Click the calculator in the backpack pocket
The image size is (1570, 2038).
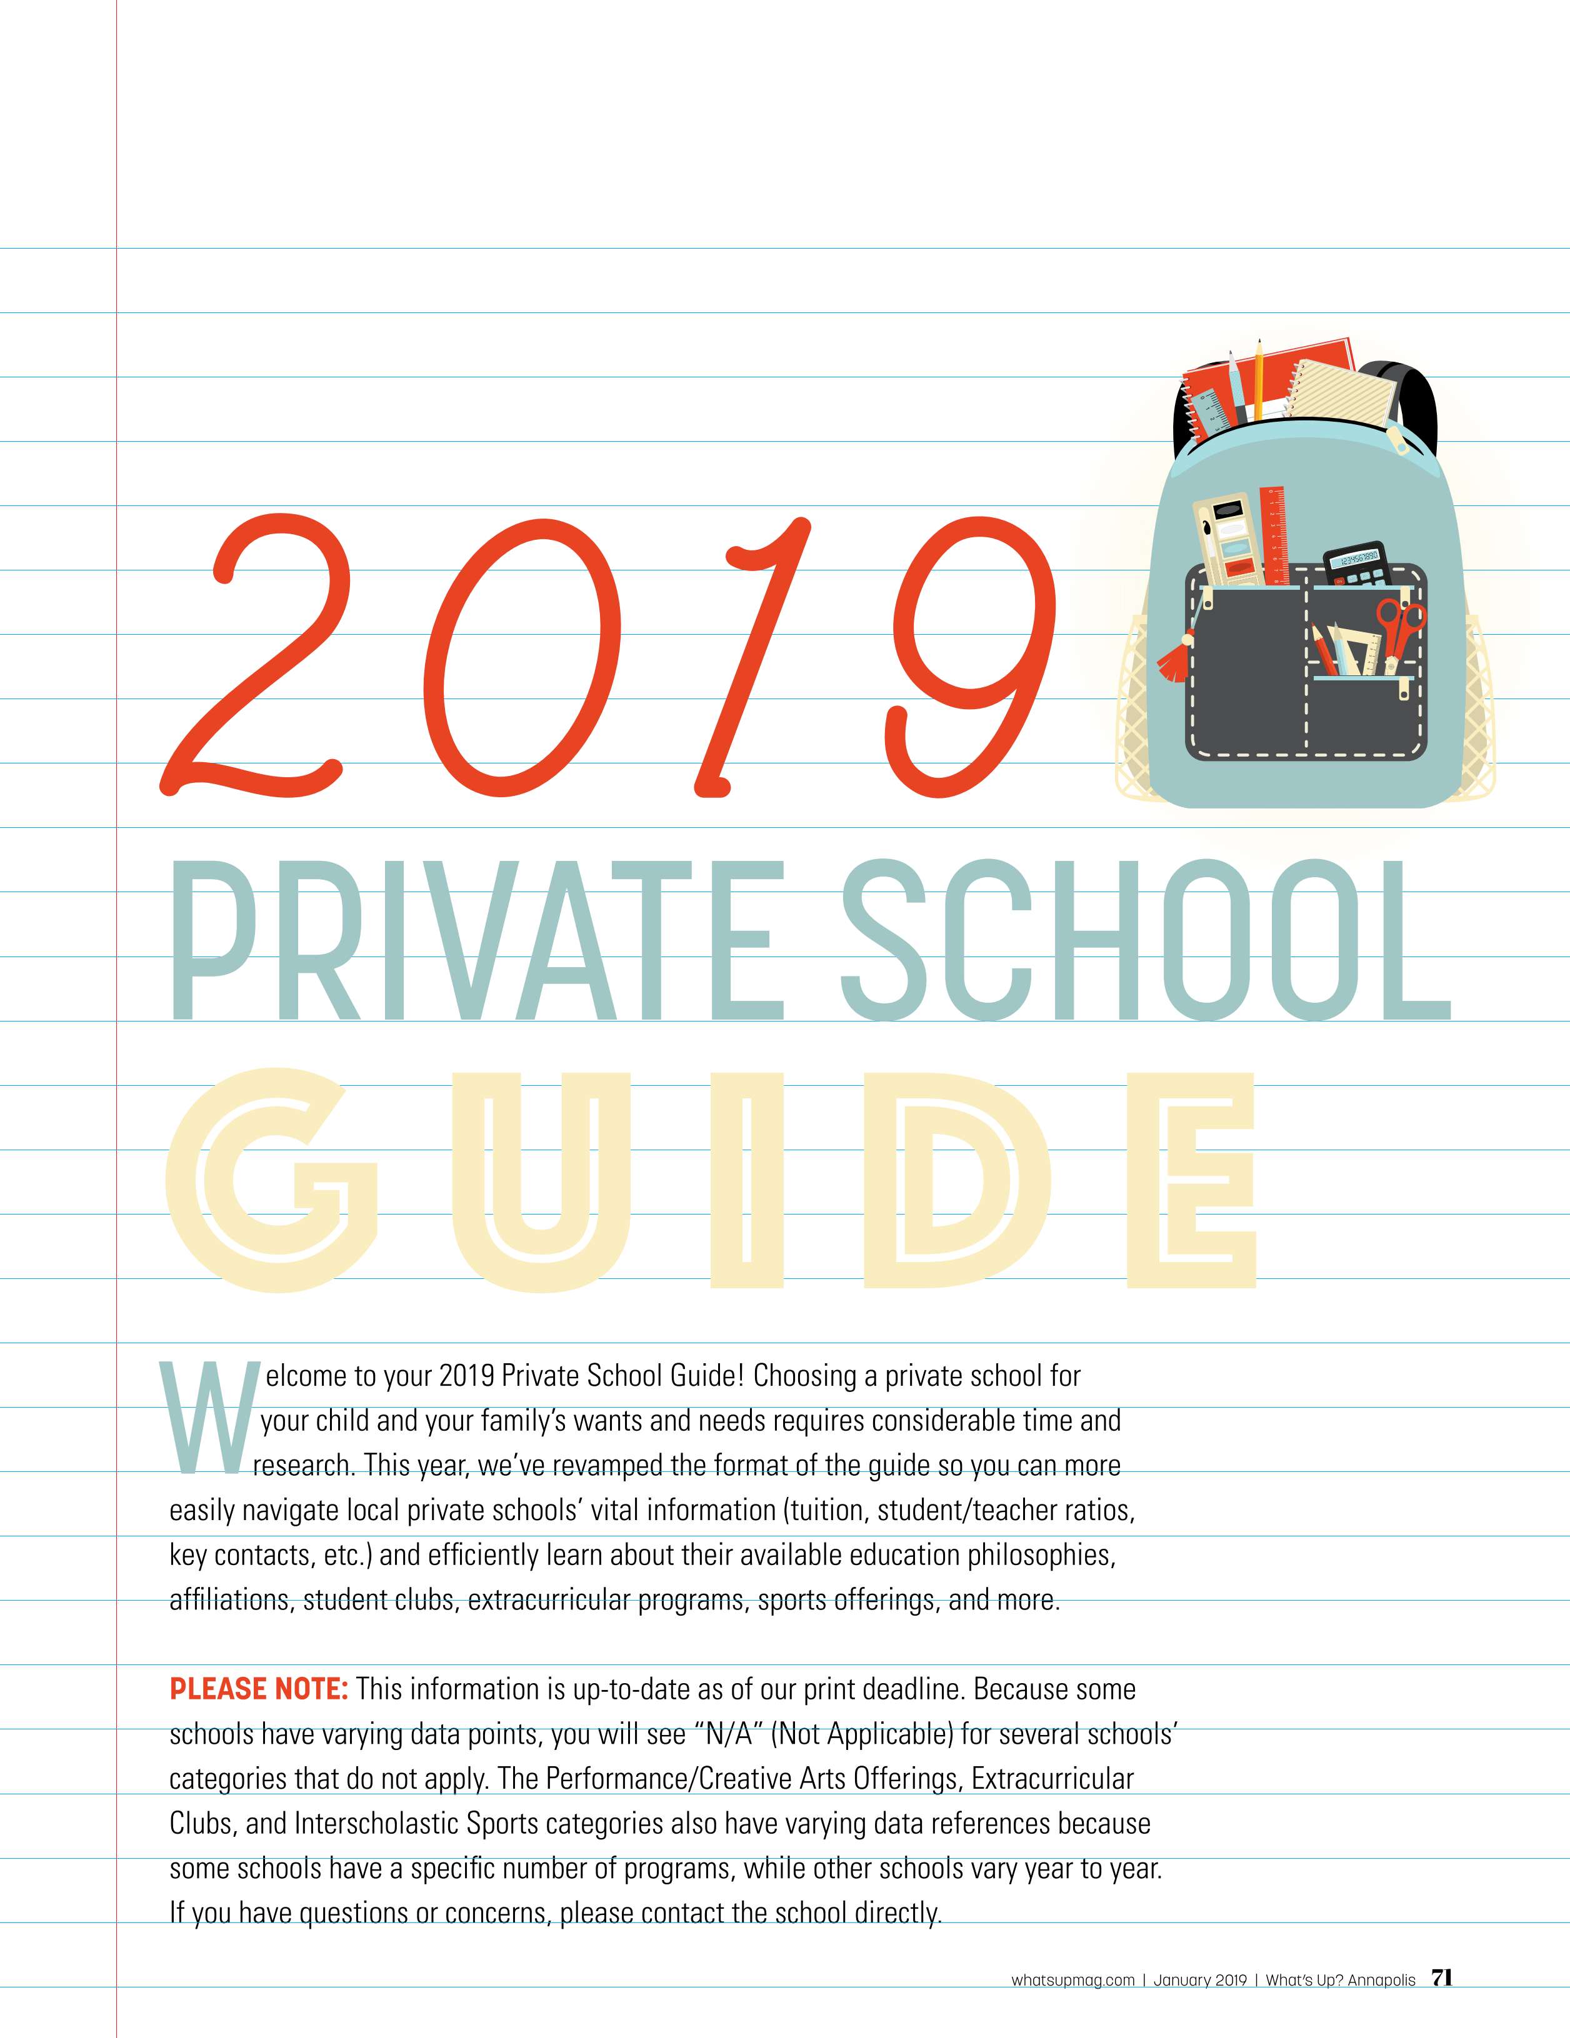pyautogui.click(x=1356, y=565)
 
